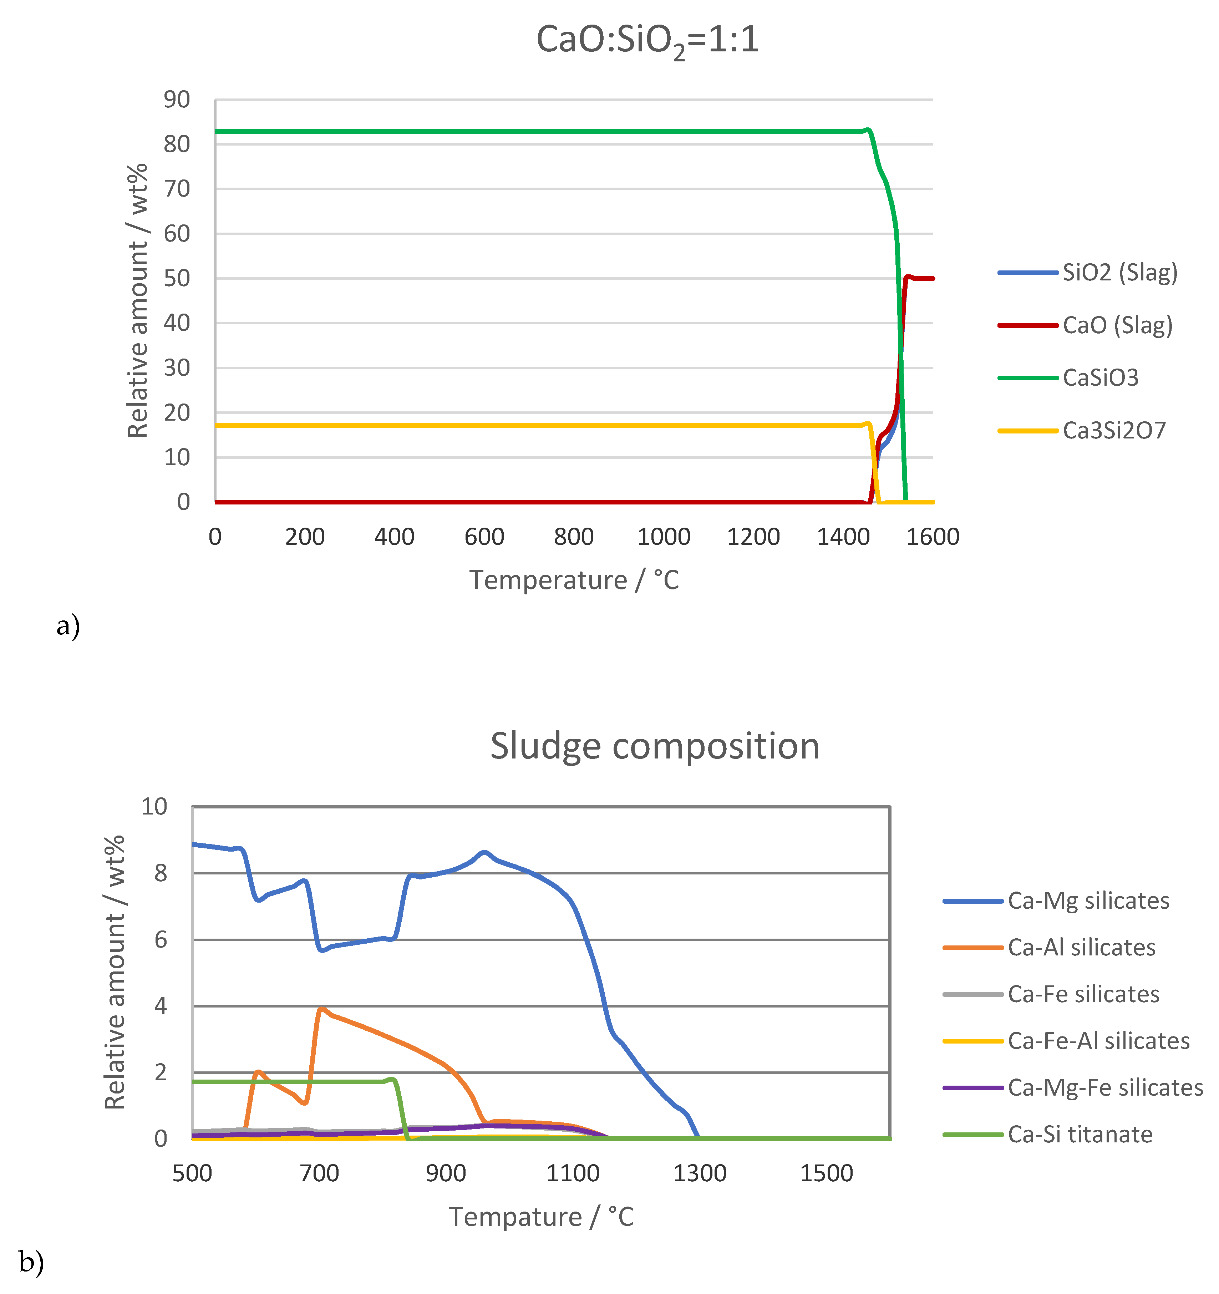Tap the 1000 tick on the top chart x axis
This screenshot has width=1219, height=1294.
coord(663,537)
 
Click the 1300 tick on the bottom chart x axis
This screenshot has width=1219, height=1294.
coord(700,1173)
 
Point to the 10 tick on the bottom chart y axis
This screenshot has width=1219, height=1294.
coord(154,807)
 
